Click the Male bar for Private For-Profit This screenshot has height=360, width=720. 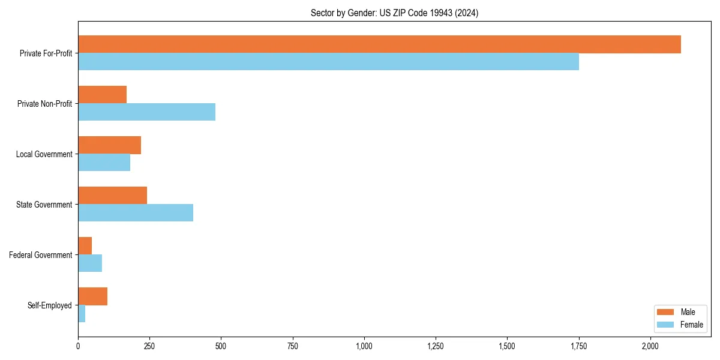(379, 44)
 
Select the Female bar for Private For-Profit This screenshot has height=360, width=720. (328, 62)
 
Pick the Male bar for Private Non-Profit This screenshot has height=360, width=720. (102, 95)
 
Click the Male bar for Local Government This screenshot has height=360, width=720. (109, 145)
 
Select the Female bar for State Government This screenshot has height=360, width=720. (136, 213)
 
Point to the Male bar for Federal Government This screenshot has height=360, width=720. (85, 246)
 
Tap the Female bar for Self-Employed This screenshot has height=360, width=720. (82, 314)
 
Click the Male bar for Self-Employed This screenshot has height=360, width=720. (92, 296)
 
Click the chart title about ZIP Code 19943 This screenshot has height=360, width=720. (394, 13)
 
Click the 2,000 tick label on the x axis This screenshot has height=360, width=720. (650, 346)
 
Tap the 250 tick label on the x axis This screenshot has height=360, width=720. (149, 346)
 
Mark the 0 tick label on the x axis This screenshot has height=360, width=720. (78, 346)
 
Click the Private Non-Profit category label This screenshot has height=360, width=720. (44, 104)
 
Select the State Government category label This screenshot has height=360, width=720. (44, 205)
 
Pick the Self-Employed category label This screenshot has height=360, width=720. (49, 305)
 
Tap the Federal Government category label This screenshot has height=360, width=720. (41, 255)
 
